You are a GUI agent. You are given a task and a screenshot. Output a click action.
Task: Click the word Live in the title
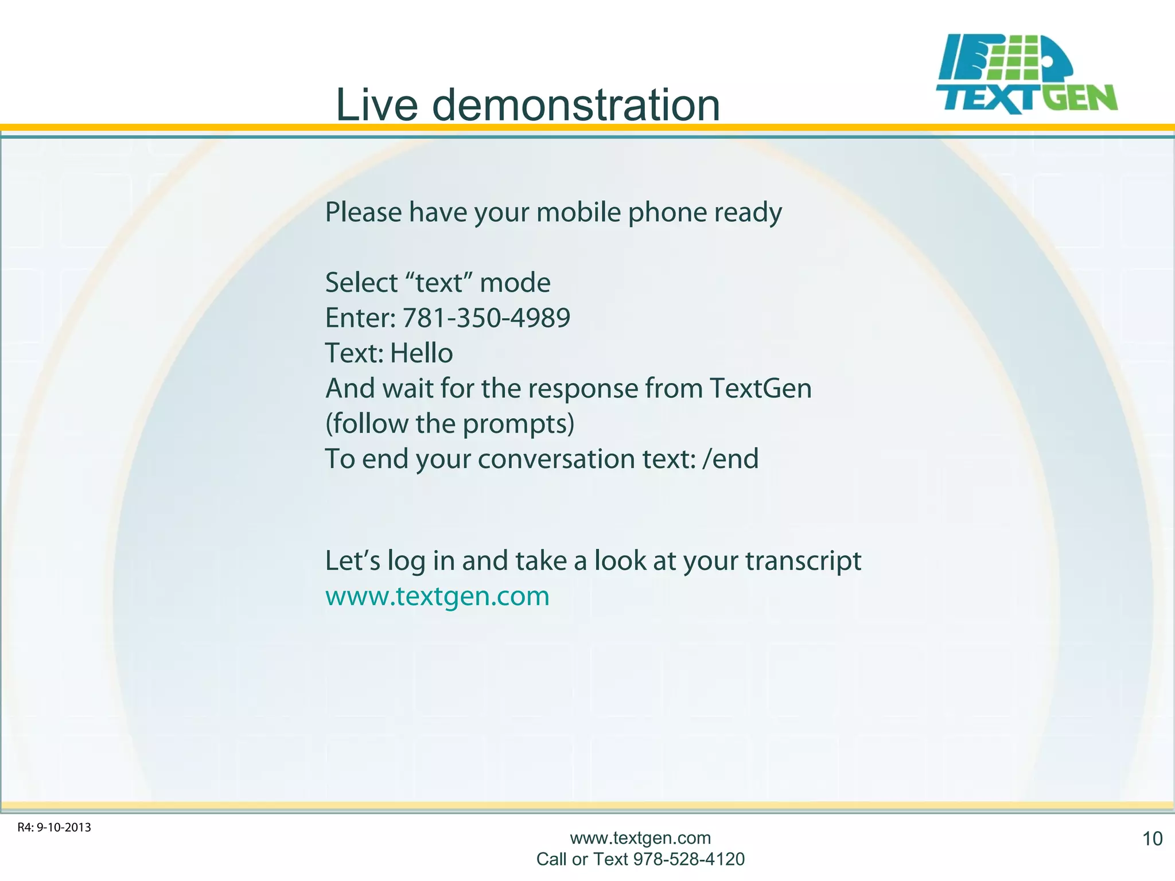(376, 106)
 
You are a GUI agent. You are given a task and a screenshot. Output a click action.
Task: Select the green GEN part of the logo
(1079, 98)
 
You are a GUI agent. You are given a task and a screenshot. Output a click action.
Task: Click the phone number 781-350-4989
(486, 318)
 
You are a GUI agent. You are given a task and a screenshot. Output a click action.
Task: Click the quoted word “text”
(438, 283)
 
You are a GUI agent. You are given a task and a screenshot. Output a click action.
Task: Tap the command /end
(730, 459)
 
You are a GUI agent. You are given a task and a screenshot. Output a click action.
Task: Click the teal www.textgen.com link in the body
(437, 596)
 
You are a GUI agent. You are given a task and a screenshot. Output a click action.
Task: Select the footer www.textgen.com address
(640, 838)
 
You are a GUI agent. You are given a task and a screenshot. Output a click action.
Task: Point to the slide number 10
(1152, 839)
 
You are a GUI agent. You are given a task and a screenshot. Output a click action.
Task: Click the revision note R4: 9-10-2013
(55, 828)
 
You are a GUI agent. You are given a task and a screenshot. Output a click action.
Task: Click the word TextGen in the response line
(760, 388)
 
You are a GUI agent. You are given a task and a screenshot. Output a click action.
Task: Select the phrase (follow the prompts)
(449, 424)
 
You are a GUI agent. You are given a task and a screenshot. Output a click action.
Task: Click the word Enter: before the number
(360, 318)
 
